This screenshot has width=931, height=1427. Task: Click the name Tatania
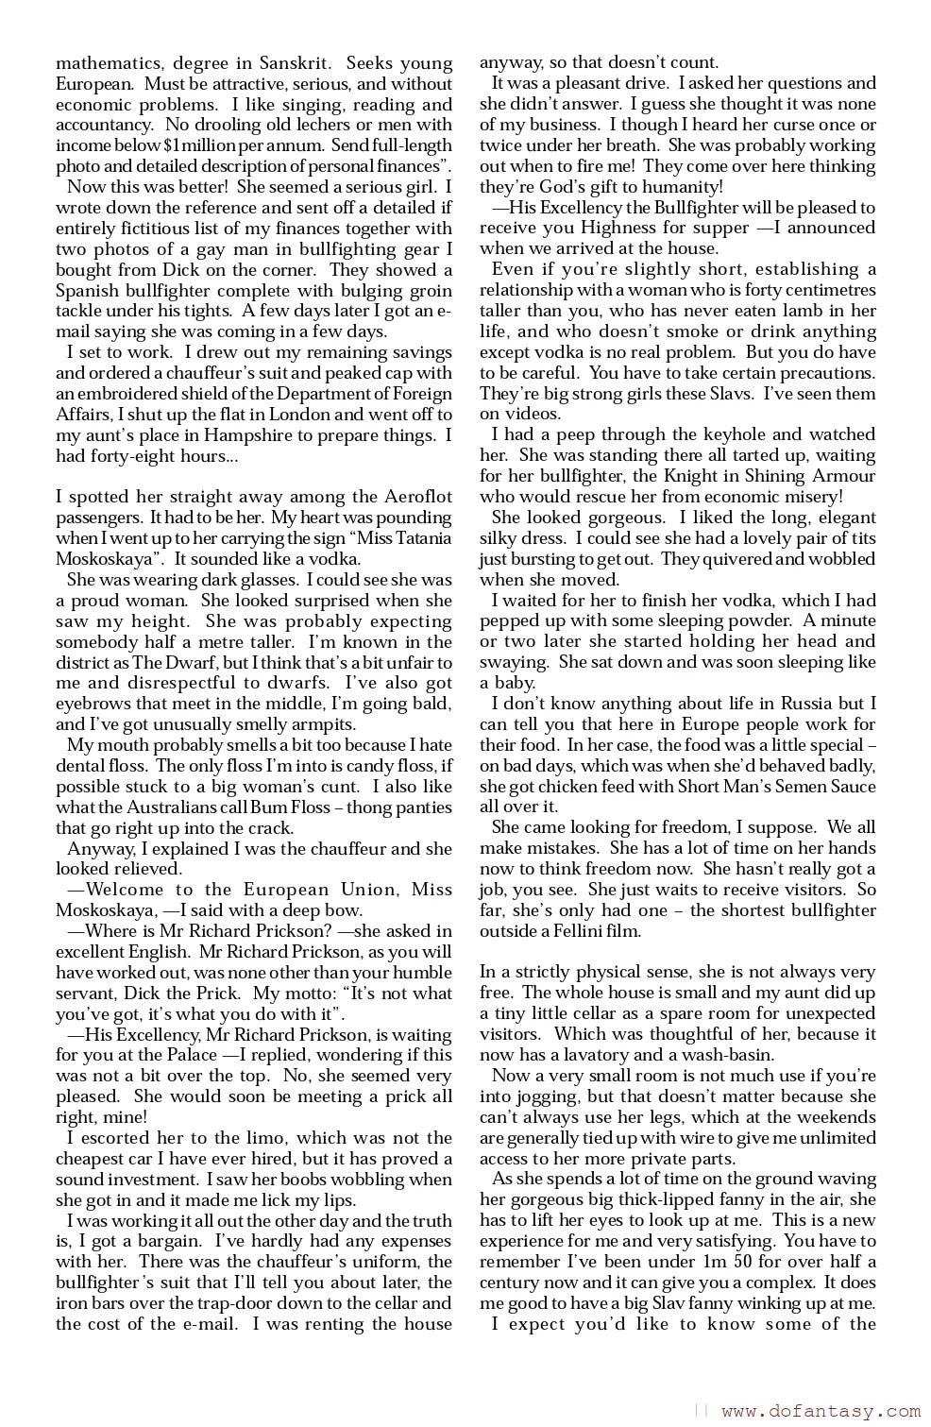click(415, 539)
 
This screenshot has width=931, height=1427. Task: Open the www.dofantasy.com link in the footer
click(820, 1412)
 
